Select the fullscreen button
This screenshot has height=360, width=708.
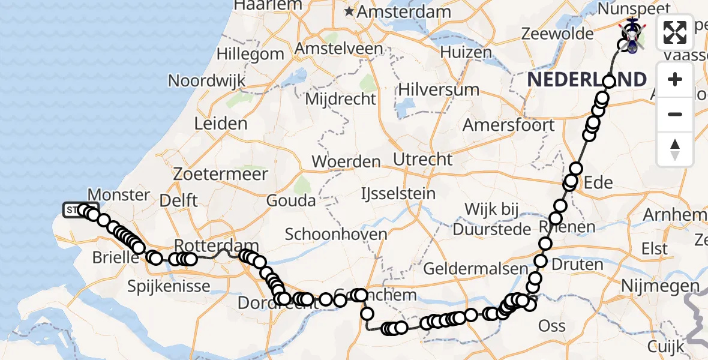pyautogui.click(x=675, y=32)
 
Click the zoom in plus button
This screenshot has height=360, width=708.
pyautogui.click(x=675, y=79)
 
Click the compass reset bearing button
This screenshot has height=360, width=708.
pyautogui.click(x=675, y=149)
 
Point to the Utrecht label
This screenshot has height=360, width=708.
pyautogui.click(x=423, y=160)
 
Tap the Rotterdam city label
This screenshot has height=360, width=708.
pyautogui.click(x=216, y=245)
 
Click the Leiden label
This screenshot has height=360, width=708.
pyautogui.click(x=221, y=124)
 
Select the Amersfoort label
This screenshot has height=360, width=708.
pyautogui.click(x=509, y=125)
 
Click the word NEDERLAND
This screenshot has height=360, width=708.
pyautogui.click(x=587, y=79)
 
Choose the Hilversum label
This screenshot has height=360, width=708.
pyautogui.click(x=439, y=90)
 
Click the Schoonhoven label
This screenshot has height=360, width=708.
pyautogui.click(x=336, y=234)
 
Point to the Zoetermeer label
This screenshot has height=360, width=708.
pyautogui.click(x=220, y=175)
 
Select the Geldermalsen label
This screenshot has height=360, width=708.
pyautogui.click(x=472, y=268)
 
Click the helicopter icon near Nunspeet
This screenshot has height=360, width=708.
pyautogui.click(x=632, y=27)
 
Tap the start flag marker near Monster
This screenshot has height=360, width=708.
pyautogui.click(x=72, y=209)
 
